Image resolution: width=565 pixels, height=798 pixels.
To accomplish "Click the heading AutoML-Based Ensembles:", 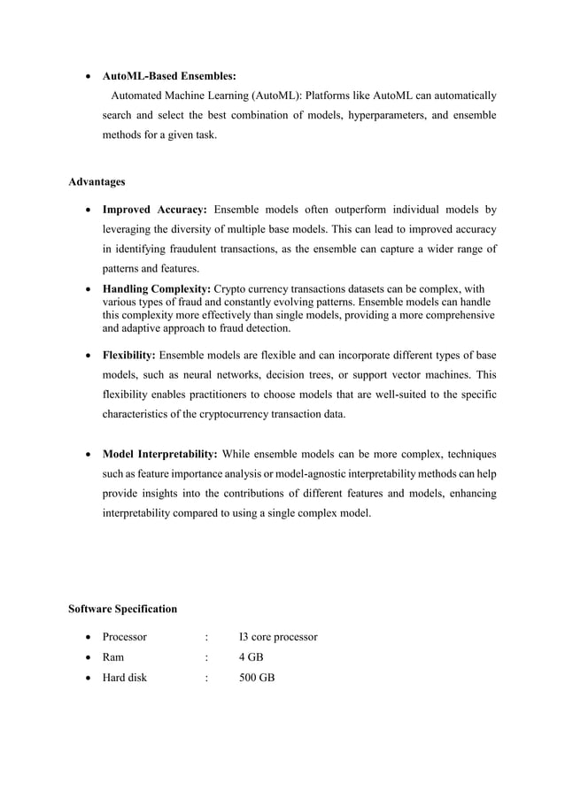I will pos(169,76).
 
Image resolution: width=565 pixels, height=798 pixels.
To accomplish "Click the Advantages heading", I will pos(97,182).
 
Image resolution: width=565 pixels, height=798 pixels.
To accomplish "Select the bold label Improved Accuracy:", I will pos(155,211).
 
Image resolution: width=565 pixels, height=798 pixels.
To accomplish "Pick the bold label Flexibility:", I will pos(129,356).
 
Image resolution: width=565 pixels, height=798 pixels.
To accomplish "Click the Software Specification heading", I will pos(122,609).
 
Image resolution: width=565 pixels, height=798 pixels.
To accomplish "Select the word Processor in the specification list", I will pos(125,637).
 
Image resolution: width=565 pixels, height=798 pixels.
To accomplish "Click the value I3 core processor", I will pos(278,637).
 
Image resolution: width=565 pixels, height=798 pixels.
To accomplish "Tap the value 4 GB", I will pos(252,657).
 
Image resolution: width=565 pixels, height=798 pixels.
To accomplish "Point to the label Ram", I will pos(112,657).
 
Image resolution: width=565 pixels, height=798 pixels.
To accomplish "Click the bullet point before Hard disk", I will pos(89,679).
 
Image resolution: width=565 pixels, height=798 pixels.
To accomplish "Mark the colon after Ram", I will pos(205,657).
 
